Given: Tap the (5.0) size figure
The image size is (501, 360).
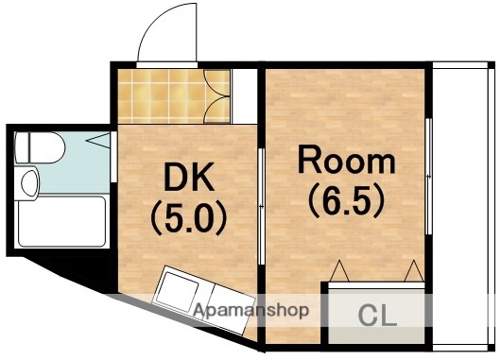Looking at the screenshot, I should coord(189,218).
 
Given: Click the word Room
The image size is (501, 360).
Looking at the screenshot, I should coord(347,162).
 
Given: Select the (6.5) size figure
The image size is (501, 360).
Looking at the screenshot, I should coord(347,200).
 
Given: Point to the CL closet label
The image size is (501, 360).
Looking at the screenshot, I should coord(378,316).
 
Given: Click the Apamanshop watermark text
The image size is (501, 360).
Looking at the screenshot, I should coord(251,309).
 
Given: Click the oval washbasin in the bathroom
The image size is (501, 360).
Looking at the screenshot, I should coord(28,181).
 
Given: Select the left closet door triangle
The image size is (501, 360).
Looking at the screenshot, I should coord(341,271).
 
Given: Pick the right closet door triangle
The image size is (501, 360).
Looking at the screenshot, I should coord(413,271).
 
